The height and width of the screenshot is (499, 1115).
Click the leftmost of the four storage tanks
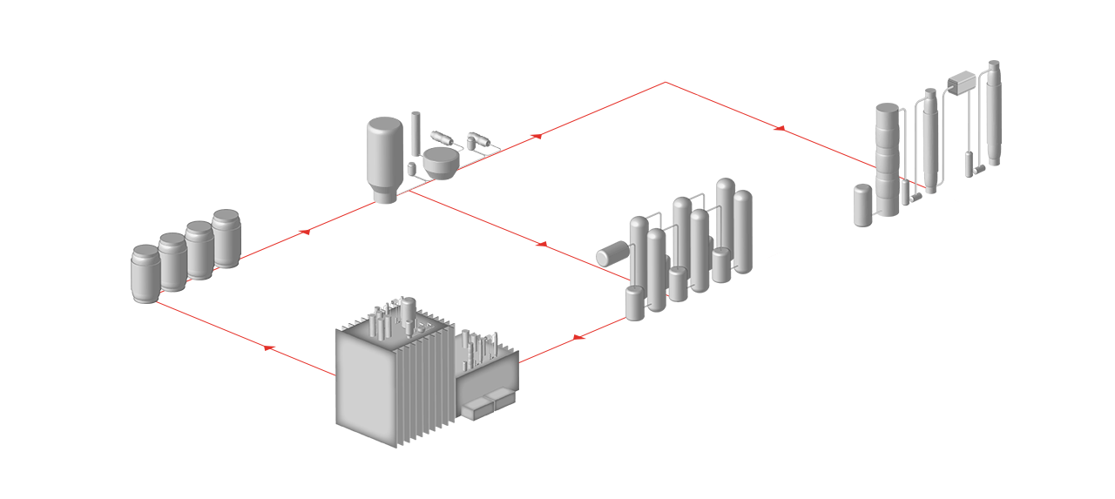pos(145,273)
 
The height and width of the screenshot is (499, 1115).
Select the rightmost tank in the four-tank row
pos(226,239)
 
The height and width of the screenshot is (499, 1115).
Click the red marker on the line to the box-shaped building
pos(580,337)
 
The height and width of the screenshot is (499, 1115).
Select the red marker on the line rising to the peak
pos(535,137)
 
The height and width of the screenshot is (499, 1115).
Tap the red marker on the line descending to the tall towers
pos(778,128)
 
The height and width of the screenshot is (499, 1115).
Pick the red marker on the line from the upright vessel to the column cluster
pos(540,244)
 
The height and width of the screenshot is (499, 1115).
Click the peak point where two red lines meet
pos(665,82)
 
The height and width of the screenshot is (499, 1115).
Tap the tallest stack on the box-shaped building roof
pos(407,314)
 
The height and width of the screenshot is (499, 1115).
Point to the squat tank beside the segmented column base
pos(864,206)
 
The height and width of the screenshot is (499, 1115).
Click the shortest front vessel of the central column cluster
pos(635,302)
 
